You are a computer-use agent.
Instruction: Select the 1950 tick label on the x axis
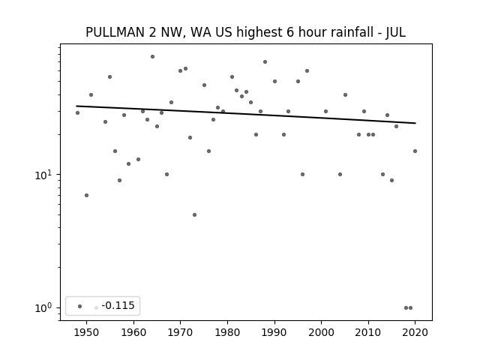[87, 332]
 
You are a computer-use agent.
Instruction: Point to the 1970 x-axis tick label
[180, 332]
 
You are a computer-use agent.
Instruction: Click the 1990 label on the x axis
[274, 332]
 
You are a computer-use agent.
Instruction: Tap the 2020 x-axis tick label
[415, 332]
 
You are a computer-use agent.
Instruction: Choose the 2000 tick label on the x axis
[321, 332]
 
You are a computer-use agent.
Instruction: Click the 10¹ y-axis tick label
[43, 175]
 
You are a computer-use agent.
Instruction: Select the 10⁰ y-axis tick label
[43, 308]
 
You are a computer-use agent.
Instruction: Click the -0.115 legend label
[118, 305]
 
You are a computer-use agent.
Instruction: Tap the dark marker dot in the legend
[80, 306]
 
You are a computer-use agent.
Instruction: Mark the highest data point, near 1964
[152, 57]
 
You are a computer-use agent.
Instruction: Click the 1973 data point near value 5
[194, 215]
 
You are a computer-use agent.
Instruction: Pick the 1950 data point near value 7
[87, 195]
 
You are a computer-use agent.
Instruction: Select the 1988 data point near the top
[265, 61]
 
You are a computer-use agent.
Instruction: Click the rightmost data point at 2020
[415, 151]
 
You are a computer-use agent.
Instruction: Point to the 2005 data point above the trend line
[345, 95]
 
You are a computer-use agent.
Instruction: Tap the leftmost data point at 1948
[77, 113]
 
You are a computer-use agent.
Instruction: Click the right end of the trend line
[415, 123]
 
